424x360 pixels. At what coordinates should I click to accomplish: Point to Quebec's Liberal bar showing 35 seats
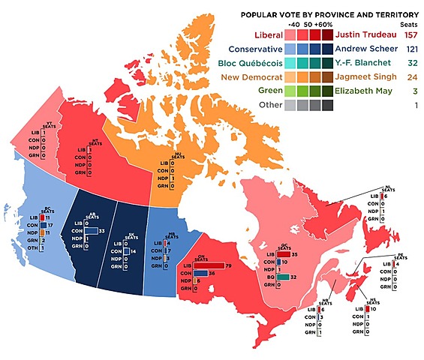click(283, 255)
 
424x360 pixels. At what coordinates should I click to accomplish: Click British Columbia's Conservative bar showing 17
click(46, 225)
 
